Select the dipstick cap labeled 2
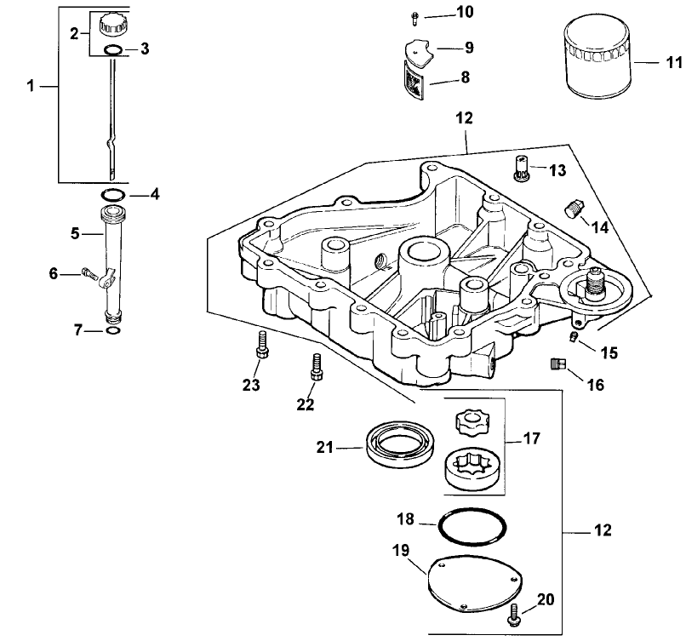coord(112,24)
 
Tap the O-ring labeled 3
coord(112,51)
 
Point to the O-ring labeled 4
coord(111,194)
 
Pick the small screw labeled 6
coord(89,273)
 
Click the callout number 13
coord(557,170)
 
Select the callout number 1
coord(31,86)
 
